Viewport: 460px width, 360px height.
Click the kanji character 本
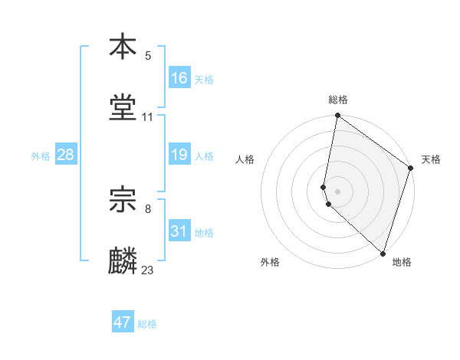123,47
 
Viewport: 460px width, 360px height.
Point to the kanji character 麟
123,261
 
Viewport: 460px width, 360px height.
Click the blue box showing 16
179,78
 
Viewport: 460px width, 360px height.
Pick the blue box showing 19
179,155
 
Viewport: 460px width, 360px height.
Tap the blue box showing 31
179,231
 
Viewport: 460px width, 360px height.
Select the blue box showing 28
66,155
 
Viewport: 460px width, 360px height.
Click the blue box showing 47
123,322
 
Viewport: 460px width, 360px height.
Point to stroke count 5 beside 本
149,56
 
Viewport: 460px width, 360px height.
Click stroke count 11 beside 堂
148,117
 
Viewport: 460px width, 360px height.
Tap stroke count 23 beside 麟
148,270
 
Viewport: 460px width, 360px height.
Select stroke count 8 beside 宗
148,208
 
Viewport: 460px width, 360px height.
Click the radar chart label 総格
338,100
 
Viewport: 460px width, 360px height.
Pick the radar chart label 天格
431,160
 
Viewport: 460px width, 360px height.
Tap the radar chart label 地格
402,263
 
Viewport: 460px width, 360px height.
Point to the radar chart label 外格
270,263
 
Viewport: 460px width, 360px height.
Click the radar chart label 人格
245,160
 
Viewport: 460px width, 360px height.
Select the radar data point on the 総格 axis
337,116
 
